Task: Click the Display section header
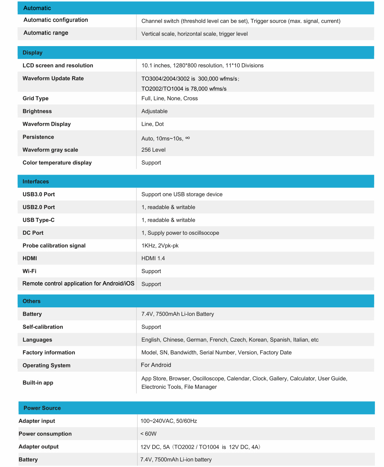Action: pyautogui.click(x=32, y=53)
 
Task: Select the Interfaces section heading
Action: pyautogui.click(x=36, y=182)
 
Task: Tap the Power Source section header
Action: pyautogui.click(x=42, y=408)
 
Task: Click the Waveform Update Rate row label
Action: pyautogui.click(x=53, y=79)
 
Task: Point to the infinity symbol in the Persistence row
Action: pyautogui.click(x=187, y=138)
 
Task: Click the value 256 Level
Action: pyautogui.click(x=153, y=150)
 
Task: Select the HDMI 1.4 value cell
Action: pyautogui.click(x=153, y=258)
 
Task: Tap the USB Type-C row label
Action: pyautogui.click(x=38, y=220)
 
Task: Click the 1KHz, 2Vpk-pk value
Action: pyautogui.click(x=160, y=246)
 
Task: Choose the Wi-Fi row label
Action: pyautogui.click(x=29, y=271)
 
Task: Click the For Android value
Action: pyautogui.click(x=156, y=365)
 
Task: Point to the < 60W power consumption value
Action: pyautogui.click(x=148, y=434)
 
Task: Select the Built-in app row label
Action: pyautogui.click(x=38, y=383)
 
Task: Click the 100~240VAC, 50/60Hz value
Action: pyautogui.click(x=169, y=421)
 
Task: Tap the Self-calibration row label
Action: pyautogui.click(x=43, y=327)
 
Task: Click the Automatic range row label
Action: pyautogui.click(x=46, y=33)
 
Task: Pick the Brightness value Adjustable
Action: pyautogui.click(x=154, y=111)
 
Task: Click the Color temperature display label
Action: pyautogui.click(x=57, y=163)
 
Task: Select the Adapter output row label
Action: pyautogui.click(x=38, y=447)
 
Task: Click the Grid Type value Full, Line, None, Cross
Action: pyautogui.click(x=169, y=98)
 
